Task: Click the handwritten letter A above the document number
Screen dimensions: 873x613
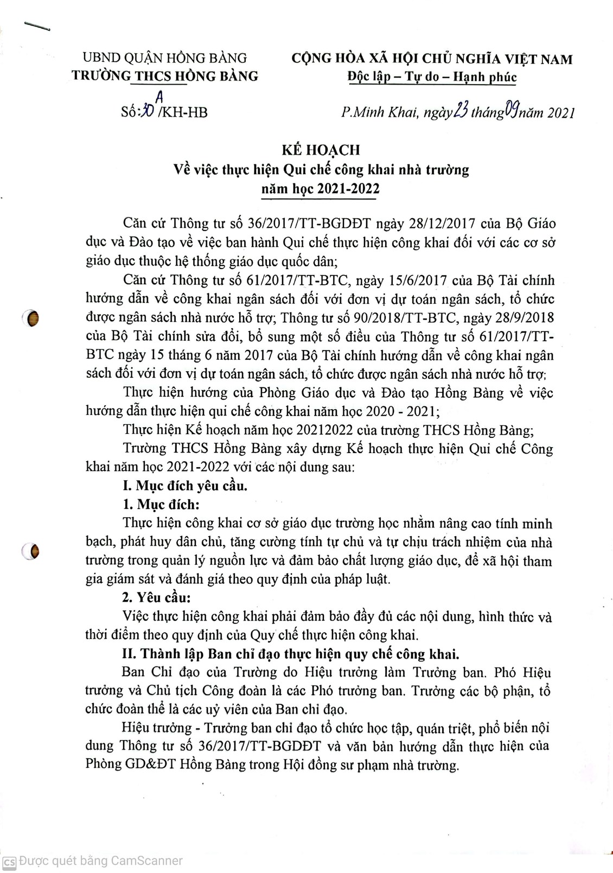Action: pos(159,96)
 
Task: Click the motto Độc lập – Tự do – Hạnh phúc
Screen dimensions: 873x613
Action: pos(432,77)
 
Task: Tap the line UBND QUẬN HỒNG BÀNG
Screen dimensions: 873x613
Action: pos(164,58)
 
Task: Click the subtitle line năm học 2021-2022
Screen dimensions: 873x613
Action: pos(320,189)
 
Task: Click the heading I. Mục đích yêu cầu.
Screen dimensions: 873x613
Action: pos(184,486)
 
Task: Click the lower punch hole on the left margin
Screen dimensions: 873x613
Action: pos(32,552)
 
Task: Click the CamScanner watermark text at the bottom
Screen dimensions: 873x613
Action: pos(100,861)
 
